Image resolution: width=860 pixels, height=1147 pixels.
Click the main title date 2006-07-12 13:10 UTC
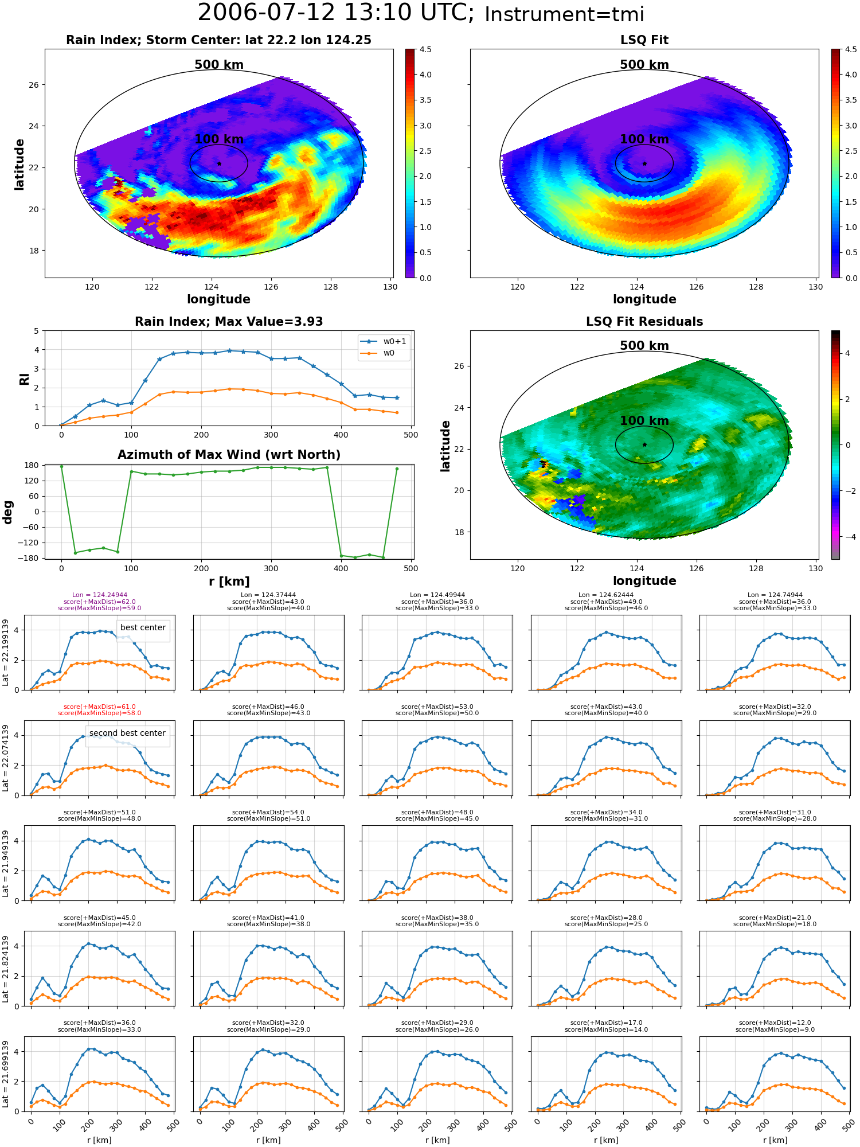point(335,13)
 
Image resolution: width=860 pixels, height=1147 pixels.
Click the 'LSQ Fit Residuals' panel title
point(644,322)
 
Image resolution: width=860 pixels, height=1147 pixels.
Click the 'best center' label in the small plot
point(143,627)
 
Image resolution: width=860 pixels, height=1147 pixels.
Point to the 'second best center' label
point(127,733)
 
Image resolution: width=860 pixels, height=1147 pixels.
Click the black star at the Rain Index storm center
point(219,163)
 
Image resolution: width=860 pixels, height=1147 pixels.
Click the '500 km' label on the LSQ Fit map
point(644,65)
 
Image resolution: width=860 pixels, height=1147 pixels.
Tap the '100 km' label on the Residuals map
point(644,421)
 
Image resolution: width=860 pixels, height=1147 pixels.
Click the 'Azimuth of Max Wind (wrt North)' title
point(229,455)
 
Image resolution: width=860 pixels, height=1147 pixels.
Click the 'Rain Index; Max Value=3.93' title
point(229,322)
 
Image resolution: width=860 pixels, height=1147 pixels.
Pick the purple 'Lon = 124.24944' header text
point(100,595)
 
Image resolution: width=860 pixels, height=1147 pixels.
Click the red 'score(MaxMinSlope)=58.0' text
point(100,713)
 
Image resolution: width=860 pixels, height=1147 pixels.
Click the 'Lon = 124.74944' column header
point(775,595)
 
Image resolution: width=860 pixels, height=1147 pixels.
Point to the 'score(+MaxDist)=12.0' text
point(775,1023)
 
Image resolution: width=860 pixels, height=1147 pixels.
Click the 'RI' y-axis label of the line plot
point(24,379)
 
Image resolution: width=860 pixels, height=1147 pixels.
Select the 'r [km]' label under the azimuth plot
point(229,582)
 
